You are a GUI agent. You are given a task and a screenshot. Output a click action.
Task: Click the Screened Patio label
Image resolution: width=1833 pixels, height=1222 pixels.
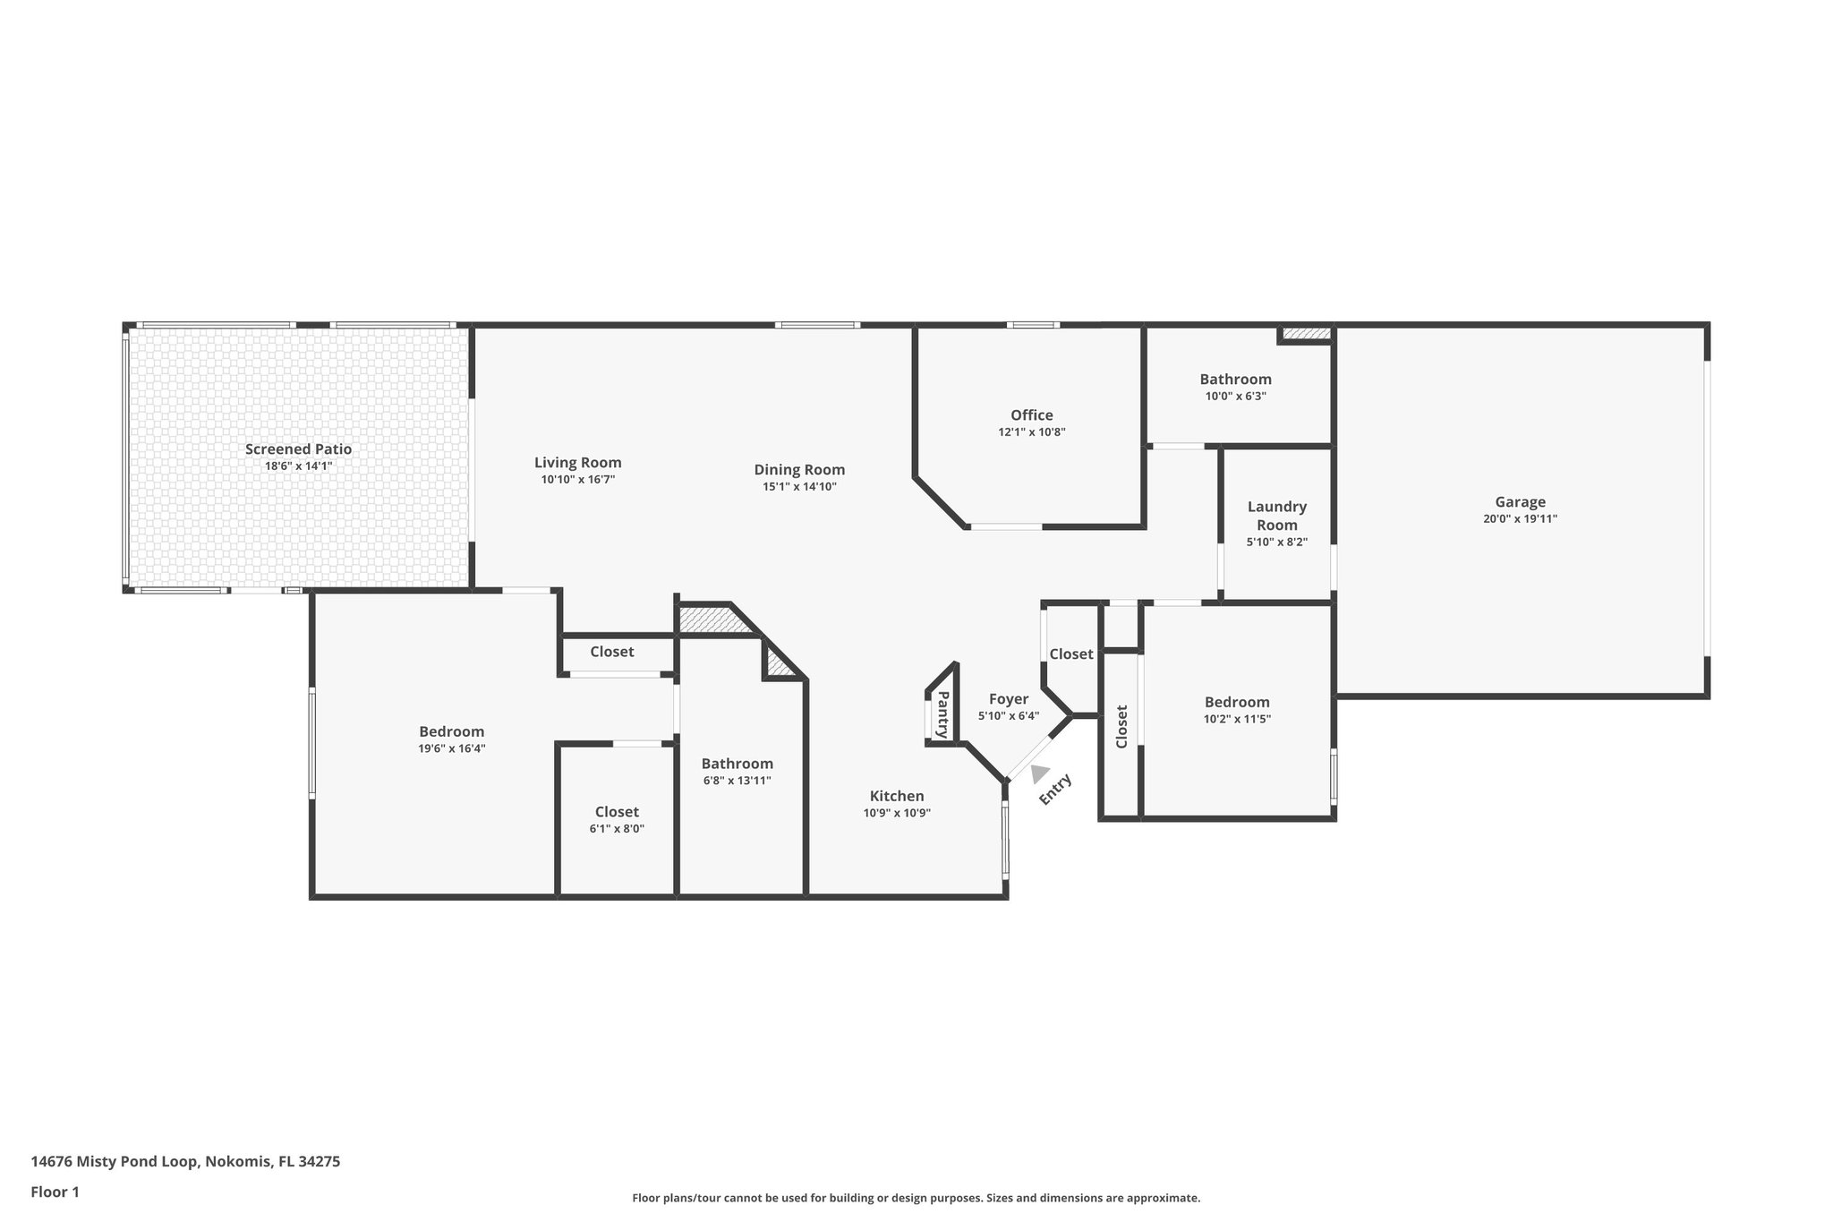click(298, 449)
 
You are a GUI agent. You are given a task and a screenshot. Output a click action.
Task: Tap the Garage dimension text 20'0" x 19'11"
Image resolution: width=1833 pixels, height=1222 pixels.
click(1520, 518)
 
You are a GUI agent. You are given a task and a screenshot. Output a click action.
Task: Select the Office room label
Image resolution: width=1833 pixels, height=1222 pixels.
click(1031, 415)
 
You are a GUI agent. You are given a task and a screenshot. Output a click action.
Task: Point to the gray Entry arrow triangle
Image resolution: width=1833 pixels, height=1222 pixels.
click(1038, 773)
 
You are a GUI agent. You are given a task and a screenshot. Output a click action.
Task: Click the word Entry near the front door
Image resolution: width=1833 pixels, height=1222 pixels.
click(1055, 789)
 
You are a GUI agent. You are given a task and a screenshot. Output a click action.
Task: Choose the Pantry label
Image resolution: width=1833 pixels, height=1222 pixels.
click(942, 714)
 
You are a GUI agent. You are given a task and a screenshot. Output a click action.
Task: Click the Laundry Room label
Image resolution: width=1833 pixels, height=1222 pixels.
click(1276, 516)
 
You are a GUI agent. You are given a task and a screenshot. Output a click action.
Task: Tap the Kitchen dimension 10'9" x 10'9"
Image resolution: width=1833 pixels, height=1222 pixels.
click(897, 813)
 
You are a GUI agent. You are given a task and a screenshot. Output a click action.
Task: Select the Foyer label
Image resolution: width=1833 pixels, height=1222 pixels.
click(1008, 699)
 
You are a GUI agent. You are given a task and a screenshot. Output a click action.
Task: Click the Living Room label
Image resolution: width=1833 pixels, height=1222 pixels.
click(577, 463)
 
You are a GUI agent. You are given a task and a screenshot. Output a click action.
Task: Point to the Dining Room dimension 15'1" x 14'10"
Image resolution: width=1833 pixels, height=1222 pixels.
click(799, 487)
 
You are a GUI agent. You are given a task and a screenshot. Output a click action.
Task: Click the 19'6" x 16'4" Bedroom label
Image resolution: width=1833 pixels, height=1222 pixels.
click(451, 731)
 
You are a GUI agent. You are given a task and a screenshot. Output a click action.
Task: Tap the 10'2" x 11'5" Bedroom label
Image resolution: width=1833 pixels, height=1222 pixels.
click(1236, 703)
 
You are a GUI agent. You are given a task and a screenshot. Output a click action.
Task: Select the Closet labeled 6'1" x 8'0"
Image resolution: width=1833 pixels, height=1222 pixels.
click(617, 812)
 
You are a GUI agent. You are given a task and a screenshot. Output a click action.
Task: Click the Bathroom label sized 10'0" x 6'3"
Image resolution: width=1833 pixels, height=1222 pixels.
click(1235, 380)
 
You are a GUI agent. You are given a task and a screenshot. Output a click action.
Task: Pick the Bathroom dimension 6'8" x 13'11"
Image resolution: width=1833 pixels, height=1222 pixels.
click(737, 781)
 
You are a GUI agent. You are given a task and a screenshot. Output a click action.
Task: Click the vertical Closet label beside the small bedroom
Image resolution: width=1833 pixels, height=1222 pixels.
click(1121, 726)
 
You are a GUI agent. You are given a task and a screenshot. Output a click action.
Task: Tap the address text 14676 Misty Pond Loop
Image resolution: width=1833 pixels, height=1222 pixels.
click(185, 1162)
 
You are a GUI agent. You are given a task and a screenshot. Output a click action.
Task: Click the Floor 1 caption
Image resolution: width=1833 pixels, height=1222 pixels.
click(55, 1192)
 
